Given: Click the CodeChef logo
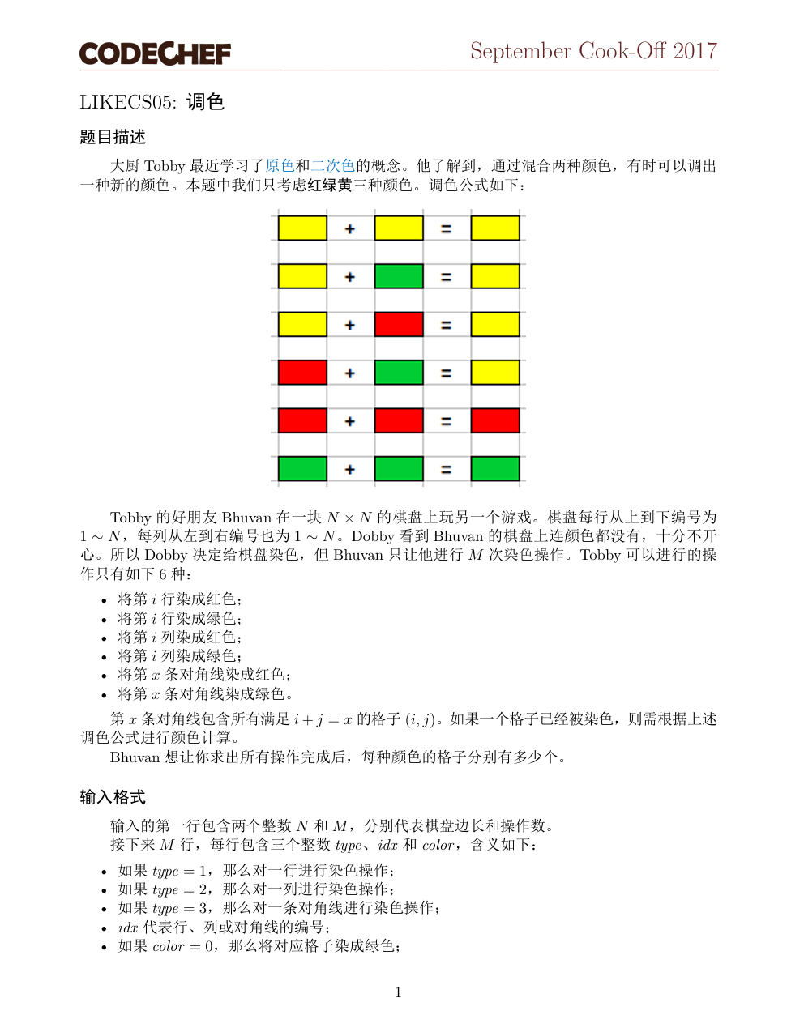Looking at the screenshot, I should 155,53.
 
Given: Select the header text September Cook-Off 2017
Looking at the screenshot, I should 593,51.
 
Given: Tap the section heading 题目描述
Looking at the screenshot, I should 113,137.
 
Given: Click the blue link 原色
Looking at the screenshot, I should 280,166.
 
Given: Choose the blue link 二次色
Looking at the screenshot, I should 333,166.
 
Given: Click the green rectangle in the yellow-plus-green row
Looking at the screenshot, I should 399,276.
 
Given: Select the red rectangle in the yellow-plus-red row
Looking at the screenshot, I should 399,324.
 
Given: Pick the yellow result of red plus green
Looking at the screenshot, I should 495,373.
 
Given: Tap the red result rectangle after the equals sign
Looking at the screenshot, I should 495,420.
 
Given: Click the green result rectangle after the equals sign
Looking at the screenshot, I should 495,469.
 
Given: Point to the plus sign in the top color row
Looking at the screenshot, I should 350,229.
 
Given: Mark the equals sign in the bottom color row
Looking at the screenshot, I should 446,470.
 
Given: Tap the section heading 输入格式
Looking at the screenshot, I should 113,797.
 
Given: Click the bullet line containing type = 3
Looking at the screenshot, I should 279,908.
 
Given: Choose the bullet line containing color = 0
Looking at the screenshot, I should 259,946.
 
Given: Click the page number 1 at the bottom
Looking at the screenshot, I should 398,993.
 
